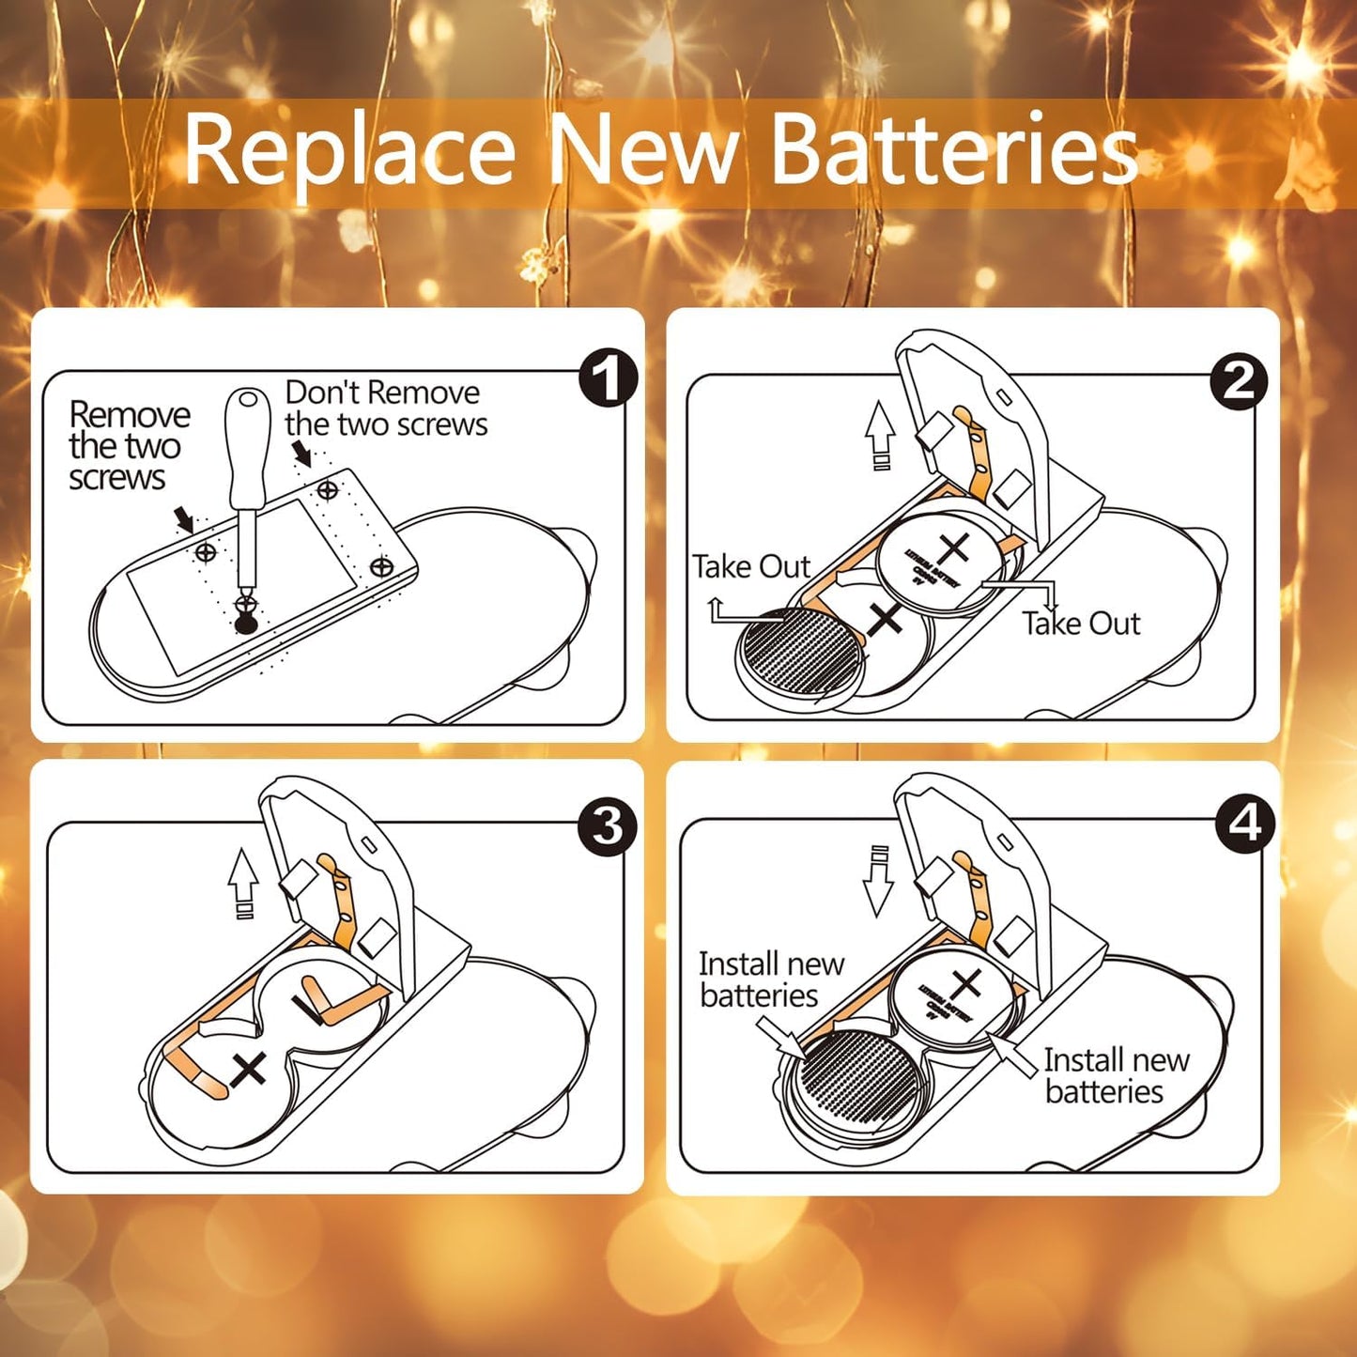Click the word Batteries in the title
[x=953, y=150]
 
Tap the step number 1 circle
[x=608, y=378]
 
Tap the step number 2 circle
[x=1239, y=381]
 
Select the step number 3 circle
[x=608, y=826]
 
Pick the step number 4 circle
[x=1245, y=824]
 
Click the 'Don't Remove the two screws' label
[x=386, y=409]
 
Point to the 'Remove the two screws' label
[x=128, y=446]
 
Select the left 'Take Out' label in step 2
[x=750, y=567]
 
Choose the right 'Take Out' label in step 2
[x=1081, y=624]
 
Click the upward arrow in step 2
[x=880, y=432]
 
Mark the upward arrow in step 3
[x=243, y=881]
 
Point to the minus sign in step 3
[x=306, y=1010]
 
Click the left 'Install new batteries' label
[x=770, y=979]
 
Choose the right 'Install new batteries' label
[x=1116, y=1075]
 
